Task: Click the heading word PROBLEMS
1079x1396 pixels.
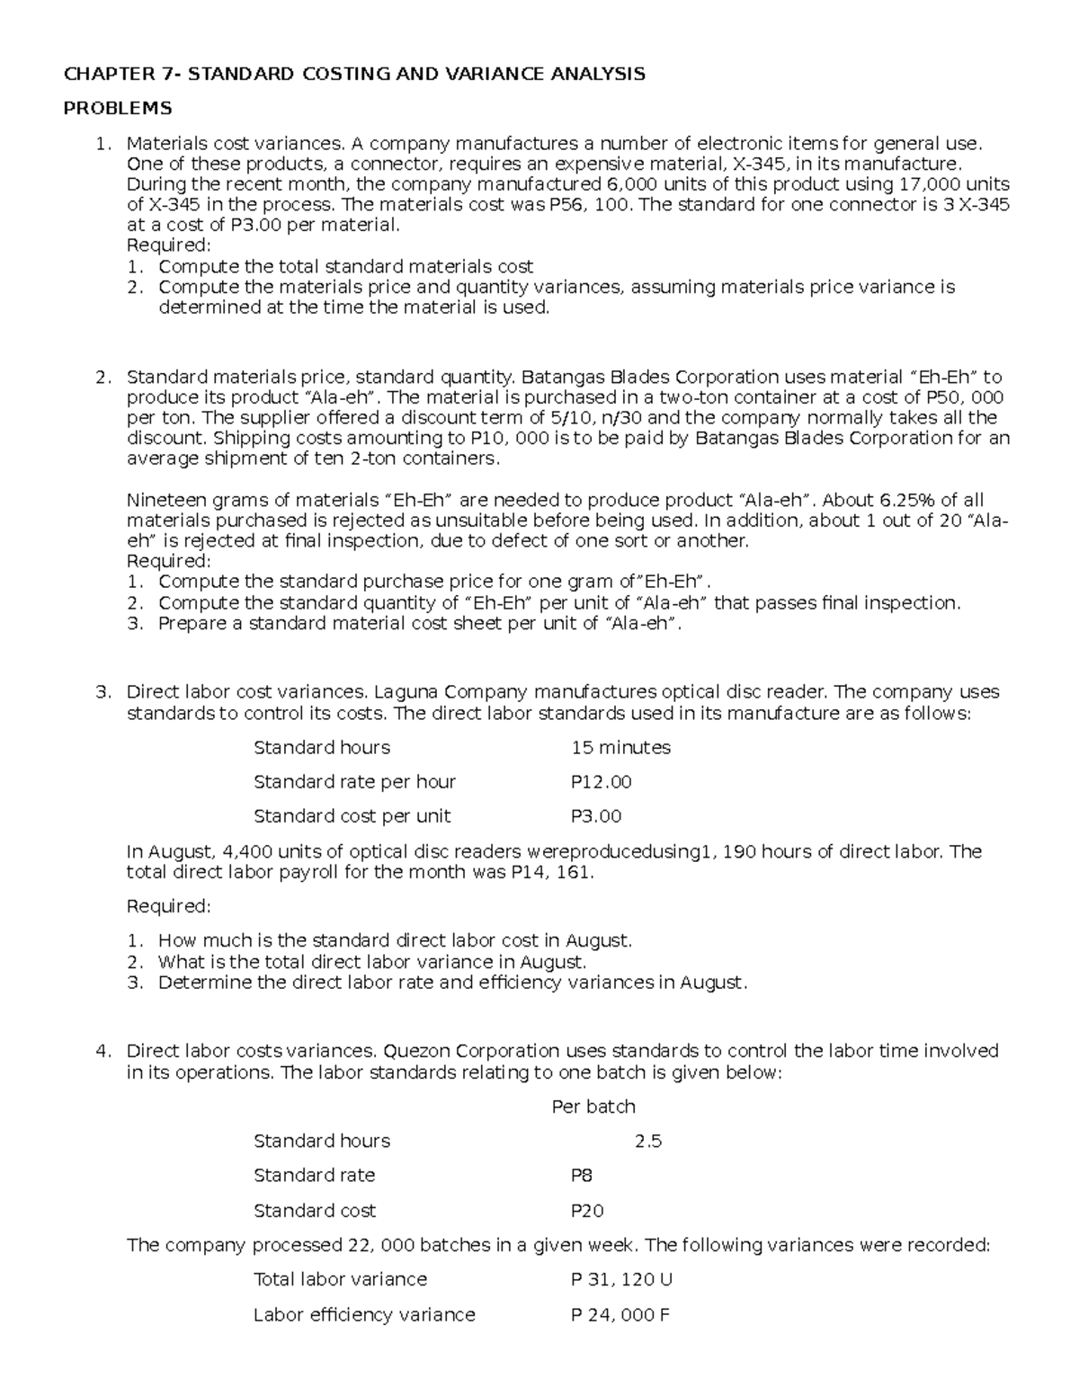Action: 116,109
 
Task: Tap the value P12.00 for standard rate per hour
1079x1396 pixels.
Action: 602,782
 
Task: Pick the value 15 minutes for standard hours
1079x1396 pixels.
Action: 620,748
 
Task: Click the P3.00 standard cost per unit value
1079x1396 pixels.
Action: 596,816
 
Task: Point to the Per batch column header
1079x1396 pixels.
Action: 593,1107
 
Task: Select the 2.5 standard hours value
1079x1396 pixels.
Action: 648,1142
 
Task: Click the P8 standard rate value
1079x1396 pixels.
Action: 582,1176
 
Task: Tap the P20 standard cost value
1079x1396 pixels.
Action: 587,1211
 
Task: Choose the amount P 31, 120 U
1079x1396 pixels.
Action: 621,1279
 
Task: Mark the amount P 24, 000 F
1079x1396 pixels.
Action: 620,1315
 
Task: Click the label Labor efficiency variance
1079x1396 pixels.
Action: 364,1315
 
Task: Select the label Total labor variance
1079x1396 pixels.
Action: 340,1279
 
